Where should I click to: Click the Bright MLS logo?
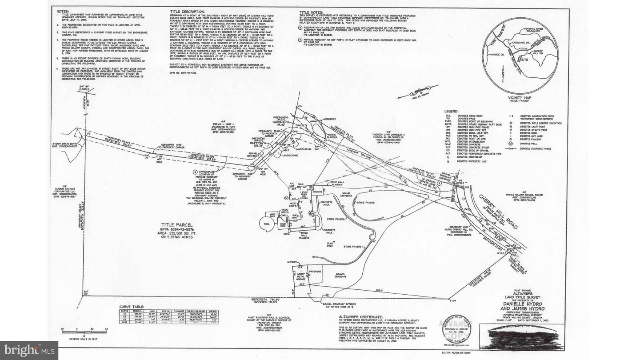(29, 350)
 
